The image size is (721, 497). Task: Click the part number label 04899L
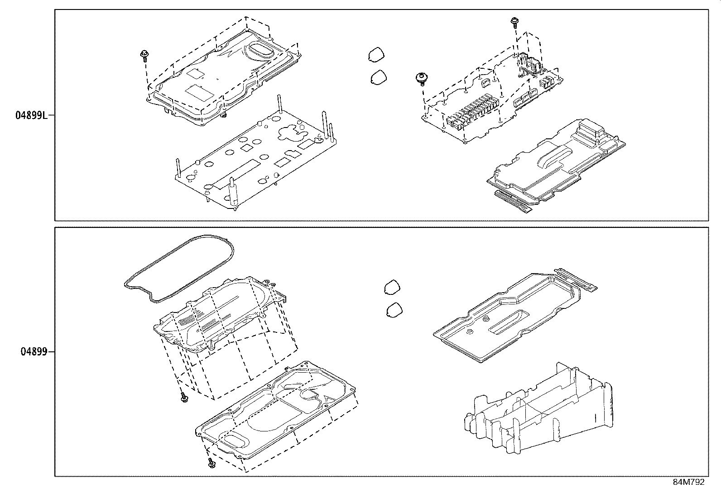point(31,115)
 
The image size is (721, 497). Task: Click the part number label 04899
point(34,351)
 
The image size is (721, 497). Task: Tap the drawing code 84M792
point(688,482)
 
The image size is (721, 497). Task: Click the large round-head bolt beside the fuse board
point(422,78)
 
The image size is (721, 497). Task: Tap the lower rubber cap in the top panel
point(379,77)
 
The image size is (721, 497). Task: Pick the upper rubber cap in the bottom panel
point(392,287)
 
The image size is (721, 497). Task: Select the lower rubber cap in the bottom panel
point(395,309)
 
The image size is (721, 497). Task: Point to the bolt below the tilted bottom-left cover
point(184,398)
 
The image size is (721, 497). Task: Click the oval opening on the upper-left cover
point(260,50)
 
